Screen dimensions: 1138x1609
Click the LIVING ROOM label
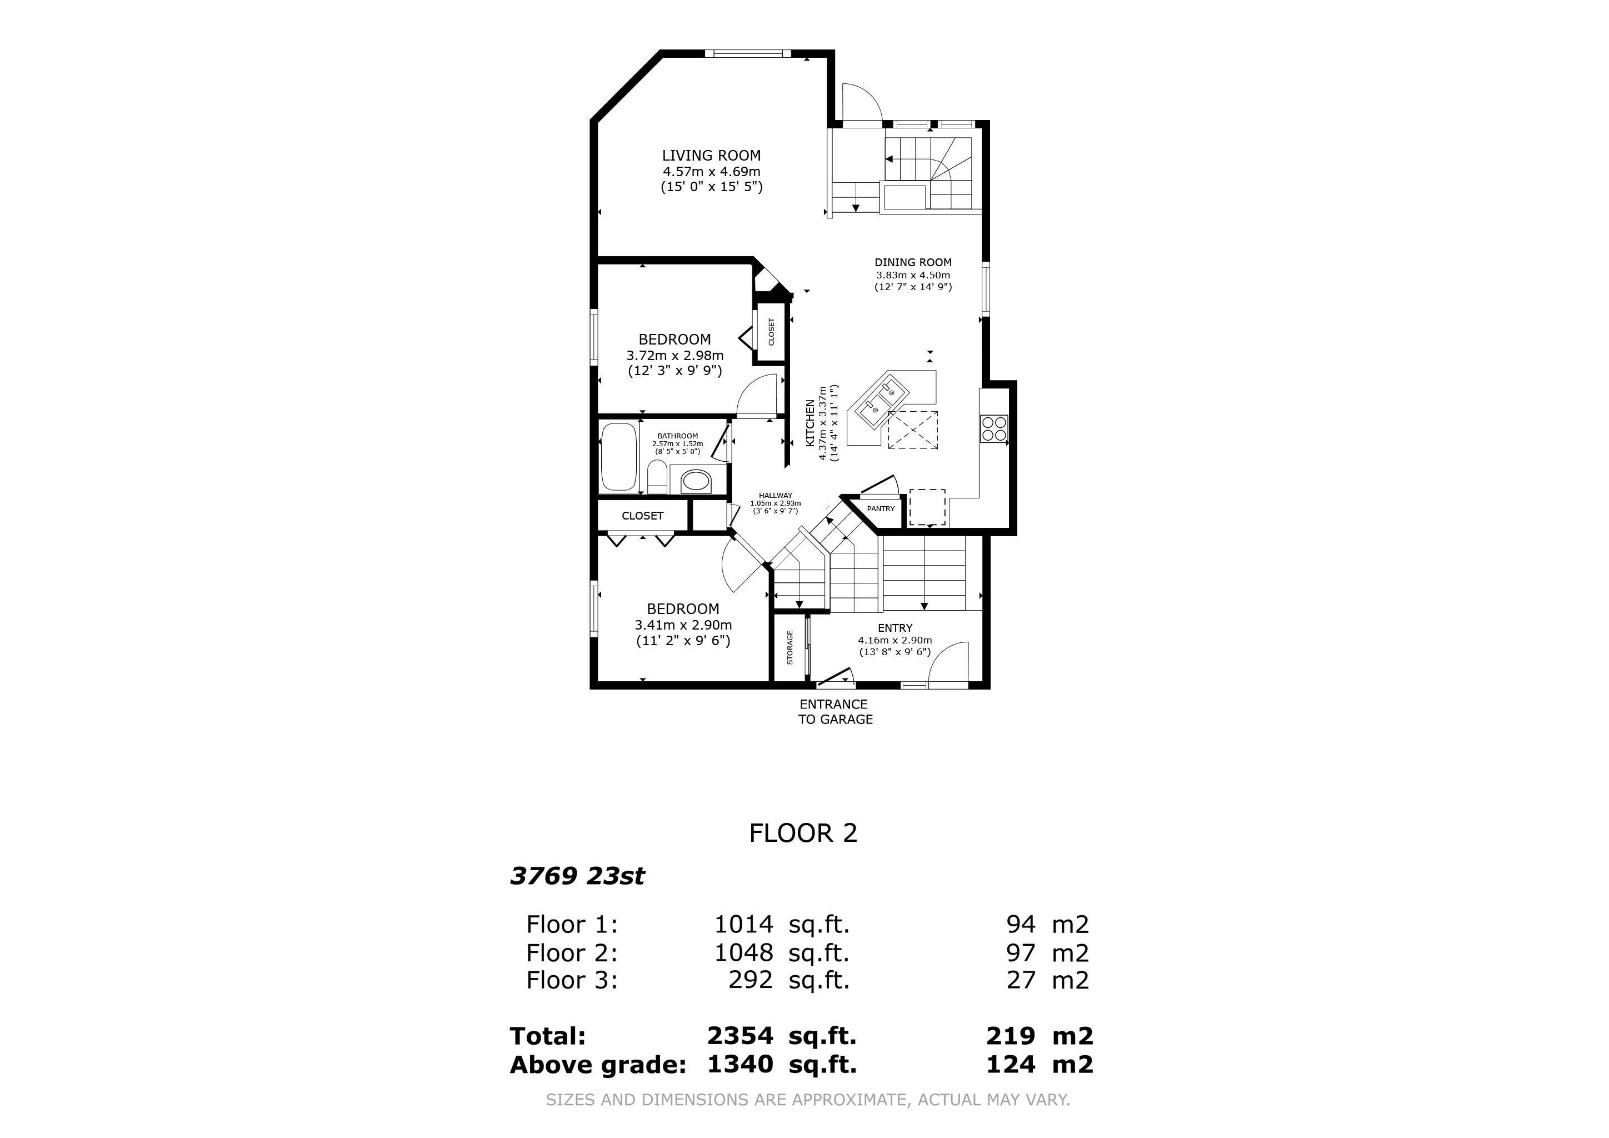coord(711,156)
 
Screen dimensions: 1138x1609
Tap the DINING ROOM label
coord(912,263)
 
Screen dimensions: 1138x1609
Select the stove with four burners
coord(994,428)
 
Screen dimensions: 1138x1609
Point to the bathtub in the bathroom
coord(618,457)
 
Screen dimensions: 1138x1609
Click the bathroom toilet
coord(657,480)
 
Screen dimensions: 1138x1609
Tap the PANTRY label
coord(880,509)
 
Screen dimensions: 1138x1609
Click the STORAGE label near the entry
coord(790,647)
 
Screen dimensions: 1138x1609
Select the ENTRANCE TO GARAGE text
coord(835,711)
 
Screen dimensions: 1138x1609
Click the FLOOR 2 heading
coord(803,833)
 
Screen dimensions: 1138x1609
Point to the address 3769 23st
coord(577,876)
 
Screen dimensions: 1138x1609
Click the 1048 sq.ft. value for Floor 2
coord(781,952)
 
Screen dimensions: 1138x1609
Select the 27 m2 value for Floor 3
coord(1047,980)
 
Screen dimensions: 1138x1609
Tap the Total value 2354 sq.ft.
coord(781,1036)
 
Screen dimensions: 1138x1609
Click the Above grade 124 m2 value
coord(1038,1065)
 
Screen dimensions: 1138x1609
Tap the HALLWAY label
coord(775,496)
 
